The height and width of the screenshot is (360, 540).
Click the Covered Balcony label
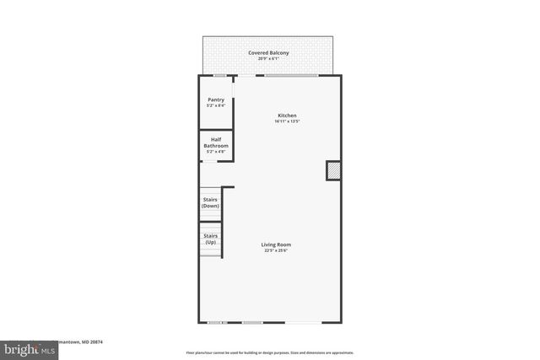coord(269,53)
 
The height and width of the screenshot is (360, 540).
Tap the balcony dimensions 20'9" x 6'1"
coord(269,58)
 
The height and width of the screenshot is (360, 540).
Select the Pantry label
coord(216,100)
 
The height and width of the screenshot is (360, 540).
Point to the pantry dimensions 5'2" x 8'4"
coord(216,105)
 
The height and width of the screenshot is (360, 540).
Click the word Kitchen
coord(287,116)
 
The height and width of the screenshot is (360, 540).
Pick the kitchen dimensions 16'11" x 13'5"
coord(287,121)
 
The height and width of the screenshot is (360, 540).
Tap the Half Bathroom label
coord(215,142)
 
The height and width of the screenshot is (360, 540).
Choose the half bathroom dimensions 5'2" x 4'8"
coord(215,153)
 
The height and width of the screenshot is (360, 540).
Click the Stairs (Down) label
coord(210,202)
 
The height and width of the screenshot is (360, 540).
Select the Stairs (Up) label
coord(210,239)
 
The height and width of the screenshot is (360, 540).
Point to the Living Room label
coord(277,245)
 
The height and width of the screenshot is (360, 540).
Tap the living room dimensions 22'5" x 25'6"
coord(277,250)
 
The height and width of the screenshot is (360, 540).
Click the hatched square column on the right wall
coord(333,170)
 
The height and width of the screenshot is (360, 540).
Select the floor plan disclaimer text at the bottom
coord(269,352)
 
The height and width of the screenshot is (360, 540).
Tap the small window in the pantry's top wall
coord(219,77)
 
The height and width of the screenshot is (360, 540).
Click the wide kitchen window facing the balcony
coord(292,77)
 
